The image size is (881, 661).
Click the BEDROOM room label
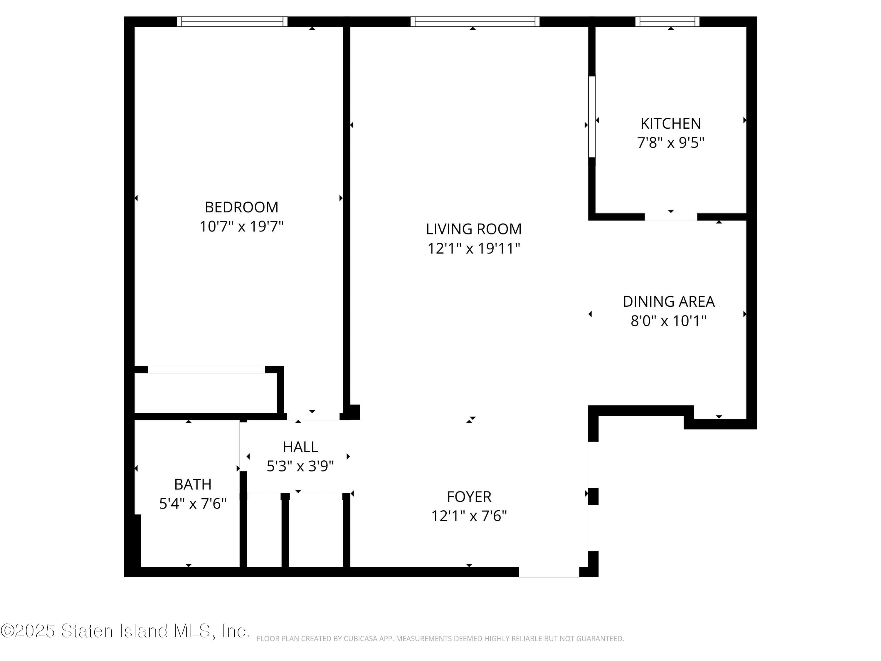click(241, 207)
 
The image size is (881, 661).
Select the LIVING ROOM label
click(474, 229)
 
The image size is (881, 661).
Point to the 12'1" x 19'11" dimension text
click(474, 249)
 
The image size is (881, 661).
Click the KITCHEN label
click(670, 123)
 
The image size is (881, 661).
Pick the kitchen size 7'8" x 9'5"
click(670, 143)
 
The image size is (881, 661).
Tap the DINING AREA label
click(668, 302)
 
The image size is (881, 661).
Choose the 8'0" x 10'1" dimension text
click(668, 321)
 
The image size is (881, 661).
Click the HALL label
click(300, 447)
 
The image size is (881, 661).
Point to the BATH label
click(193, 484)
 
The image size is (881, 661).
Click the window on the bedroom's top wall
click(232, 21)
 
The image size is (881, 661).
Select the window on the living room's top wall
click(475, 21)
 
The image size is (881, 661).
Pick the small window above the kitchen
click(667, 21)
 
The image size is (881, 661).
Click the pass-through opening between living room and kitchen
click(592, 117)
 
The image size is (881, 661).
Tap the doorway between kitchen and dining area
click(671, 217)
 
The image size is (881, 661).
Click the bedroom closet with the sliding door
click(206, 392)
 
